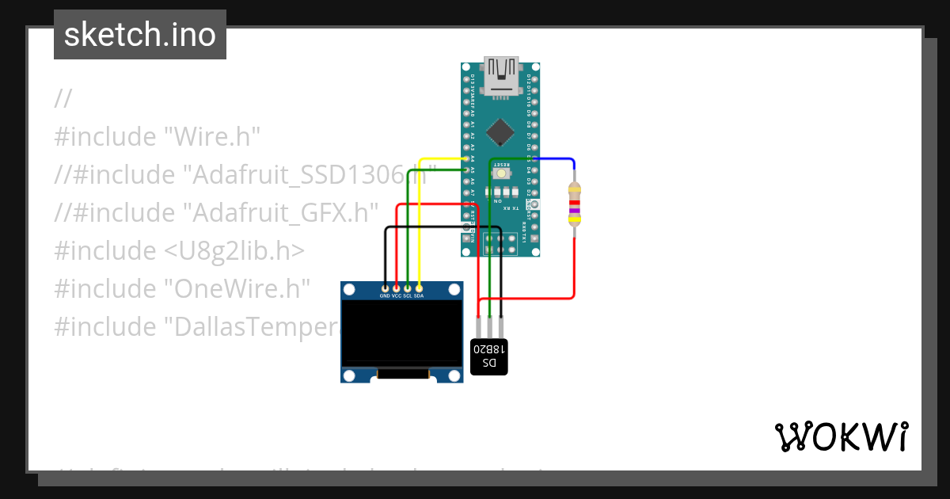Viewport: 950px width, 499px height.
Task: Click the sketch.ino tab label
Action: tap(140, 35)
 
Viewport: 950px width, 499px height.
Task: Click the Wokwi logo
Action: tap(841, 436)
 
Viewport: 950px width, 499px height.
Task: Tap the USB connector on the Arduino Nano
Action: tap(500, 77)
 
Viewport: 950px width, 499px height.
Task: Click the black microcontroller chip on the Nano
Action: tap(500, 131)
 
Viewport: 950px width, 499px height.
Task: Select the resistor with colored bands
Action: tap(575, 204)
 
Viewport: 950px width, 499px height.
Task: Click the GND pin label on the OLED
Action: tap(385, 295)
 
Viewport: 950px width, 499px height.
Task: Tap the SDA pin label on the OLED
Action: tap(420, 295)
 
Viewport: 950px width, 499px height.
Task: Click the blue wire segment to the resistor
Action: tap(554, 158)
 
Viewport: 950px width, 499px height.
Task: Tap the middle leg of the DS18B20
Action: tap(490, 326)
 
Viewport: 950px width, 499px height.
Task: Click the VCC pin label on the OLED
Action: tap(397, 295)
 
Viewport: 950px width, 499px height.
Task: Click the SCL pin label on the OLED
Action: tap(408, 295)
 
